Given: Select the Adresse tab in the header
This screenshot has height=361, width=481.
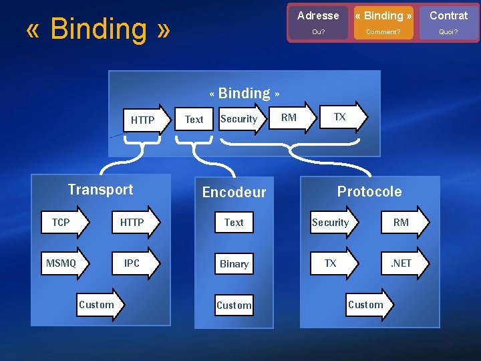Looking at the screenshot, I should coord(318,15).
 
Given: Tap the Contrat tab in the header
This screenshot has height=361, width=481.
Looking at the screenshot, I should coord(448,15).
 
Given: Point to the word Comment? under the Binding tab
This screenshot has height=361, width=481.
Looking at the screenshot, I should coord(383,31).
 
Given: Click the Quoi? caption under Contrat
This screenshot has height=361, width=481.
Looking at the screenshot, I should coord(448,31).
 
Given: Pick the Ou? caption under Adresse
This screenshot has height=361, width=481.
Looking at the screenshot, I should coord(318,31).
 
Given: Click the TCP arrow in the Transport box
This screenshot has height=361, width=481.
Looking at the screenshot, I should coord(63,223).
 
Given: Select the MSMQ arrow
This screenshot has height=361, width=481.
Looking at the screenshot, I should coord(63,263).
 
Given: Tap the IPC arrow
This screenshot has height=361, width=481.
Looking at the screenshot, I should coord(134,263).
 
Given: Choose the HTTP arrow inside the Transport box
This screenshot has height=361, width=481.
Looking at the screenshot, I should coord(134,223).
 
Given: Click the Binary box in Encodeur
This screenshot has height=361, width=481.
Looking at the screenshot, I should coord(234,264).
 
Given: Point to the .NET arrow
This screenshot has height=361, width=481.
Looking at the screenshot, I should coord(403,263).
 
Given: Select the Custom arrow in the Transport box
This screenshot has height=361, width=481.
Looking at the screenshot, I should coord(98,305).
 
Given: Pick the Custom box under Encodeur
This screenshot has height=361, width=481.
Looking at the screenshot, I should coord(234,306).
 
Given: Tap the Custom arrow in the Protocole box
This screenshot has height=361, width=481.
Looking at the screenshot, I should coord(368,305).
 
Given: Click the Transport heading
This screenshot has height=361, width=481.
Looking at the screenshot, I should coord(100,190).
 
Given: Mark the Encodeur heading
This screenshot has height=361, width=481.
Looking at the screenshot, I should coord(234,193).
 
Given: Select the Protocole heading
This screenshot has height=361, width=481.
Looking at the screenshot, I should coord(369,192).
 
